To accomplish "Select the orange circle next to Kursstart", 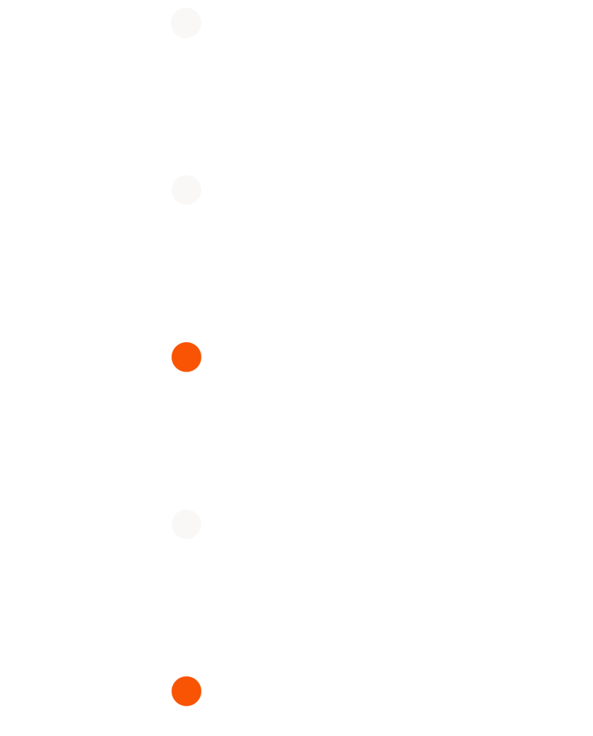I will coord(186,357).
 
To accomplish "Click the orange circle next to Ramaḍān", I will coord(186,690).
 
